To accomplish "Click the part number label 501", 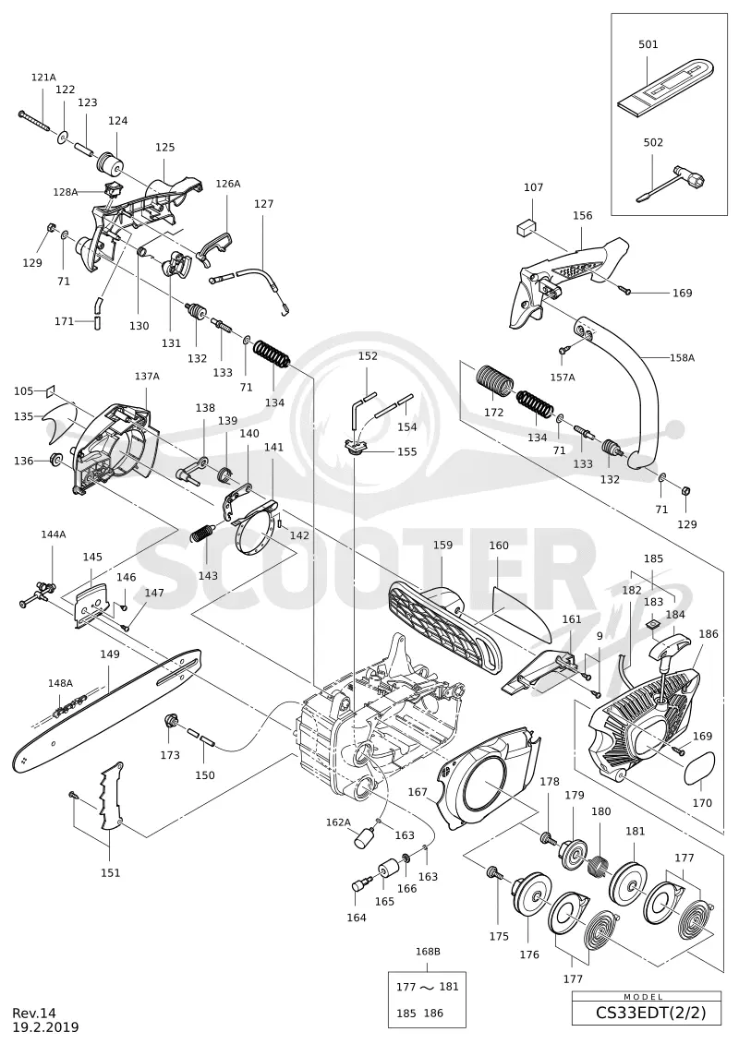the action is (x=648, y=44).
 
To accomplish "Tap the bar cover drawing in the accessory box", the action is (x=667, y=87).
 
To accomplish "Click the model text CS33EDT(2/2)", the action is (x=647, y=1014).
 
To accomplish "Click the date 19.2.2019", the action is (x=45, y=1027).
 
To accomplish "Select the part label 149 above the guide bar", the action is (x=110, y=654).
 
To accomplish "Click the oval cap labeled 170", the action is (x=699, y=771).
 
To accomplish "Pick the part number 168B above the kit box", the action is (x=427, y=952).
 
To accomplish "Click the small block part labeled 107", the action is (x=527, y=229).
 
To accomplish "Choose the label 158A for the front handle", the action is (x=682, y=357).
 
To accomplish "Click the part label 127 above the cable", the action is (x=263, y=204).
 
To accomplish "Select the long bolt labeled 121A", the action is (x=36, y=121).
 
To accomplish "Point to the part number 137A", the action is (x=147, y=377).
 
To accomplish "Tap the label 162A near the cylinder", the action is (x=338, y=822).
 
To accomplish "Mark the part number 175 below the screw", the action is (x=499, y=936).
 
